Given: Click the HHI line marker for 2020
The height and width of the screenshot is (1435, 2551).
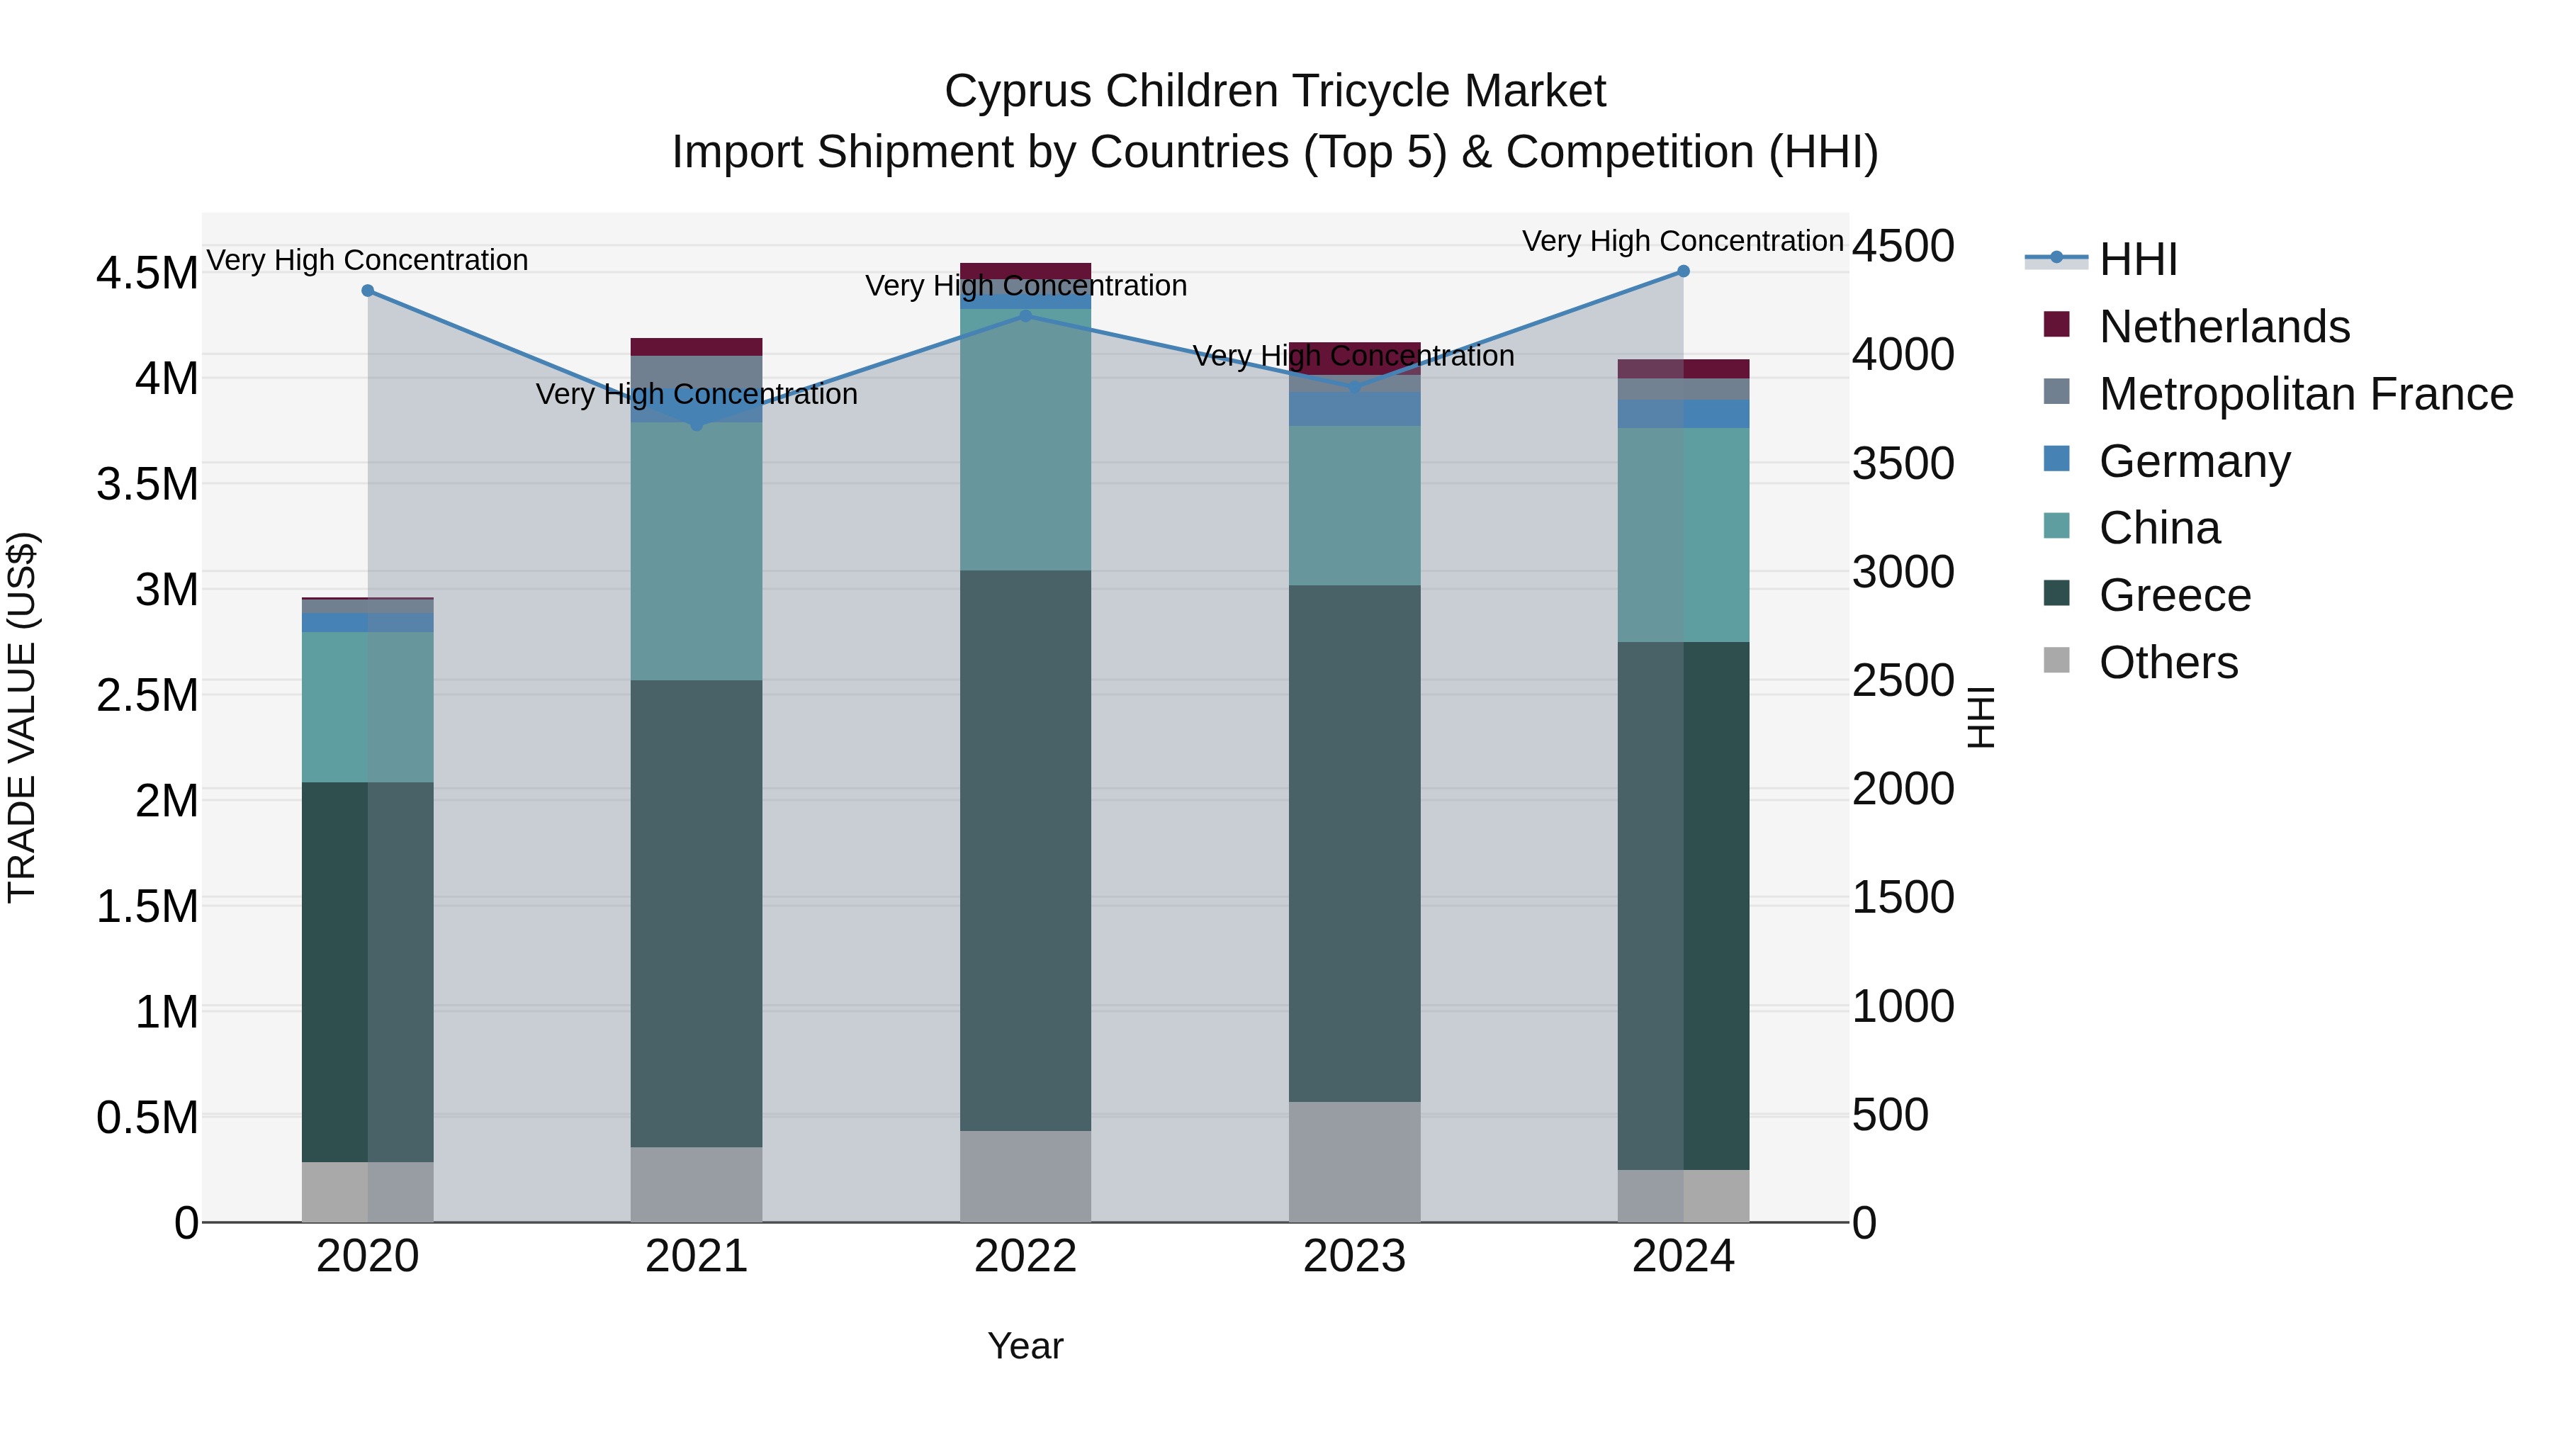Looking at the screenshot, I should [x=367, y=290].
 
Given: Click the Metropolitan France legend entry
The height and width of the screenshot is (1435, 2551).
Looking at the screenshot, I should [x=2304, y=394].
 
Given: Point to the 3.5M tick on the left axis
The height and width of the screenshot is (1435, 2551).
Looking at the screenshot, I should [x=147, y=484].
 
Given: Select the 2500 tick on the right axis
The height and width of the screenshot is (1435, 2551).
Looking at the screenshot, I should [x=1903, y=680].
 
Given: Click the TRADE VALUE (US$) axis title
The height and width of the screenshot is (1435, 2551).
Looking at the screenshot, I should [x=23, y=717].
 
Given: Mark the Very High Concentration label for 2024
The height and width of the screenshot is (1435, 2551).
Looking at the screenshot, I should [x=1682, y=241].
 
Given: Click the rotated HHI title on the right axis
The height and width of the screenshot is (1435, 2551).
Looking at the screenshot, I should [x=1981, y=717].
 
